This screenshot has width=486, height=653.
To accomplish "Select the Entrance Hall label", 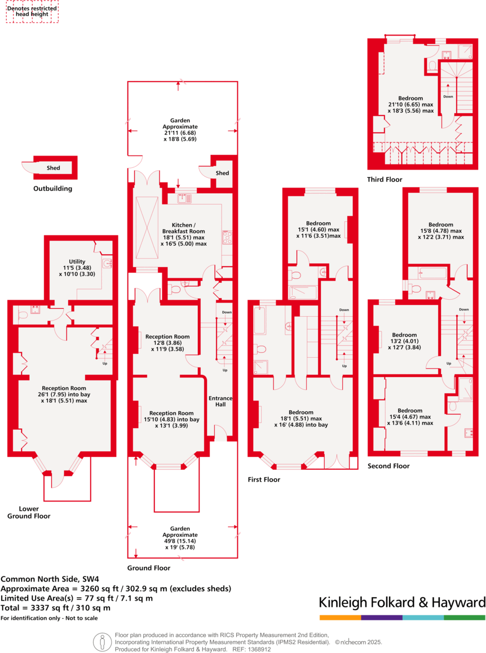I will click(220, 401).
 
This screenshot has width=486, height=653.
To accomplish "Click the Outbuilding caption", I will click(52, 189).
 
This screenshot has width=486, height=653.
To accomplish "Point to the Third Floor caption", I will click(385, 180).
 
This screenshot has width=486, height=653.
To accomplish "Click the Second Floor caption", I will click(388, 466).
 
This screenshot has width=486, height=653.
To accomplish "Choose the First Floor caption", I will click(264, 479).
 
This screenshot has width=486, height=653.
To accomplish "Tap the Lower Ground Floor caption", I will click(29, 512).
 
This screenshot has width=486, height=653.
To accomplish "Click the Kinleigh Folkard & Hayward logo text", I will click(402, 602).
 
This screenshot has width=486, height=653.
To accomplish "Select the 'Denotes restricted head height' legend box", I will click(32, 12).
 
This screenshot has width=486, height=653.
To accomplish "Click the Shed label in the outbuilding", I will click(54, 168).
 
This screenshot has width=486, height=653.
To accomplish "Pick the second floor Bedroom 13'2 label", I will click(404, 341).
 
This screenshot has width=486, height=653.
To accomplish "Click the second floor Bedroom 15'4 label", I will click(409, 416).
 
